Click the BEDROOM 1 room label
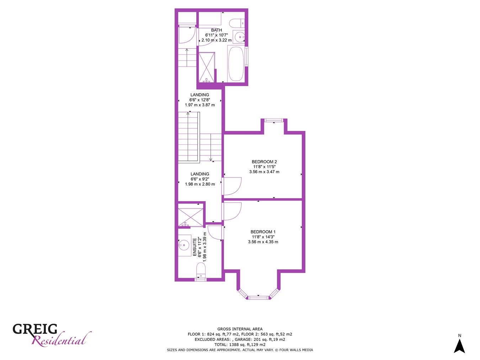click(263, 232)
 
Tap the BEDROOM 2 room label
click(264, 162)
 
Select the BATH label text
click(217, 30)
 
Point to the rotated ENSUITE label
click(194, 247)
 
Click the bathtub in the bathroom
click(236, 63)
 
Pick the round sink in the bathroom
click(240, 36)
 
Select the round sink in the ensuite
click(184, 244)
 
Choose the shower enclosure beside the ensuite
click(190, 214)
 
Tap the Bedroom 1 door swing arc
click(232, 211)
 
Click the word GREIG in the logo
click(35, 329)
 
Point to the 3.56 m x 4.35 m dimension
click(263, 242)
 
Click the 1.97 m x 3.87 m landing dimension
click(200, 105)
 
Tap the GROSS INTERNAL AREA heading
click(240, 329)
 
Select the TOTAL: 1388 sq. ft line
click(240, 345)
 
